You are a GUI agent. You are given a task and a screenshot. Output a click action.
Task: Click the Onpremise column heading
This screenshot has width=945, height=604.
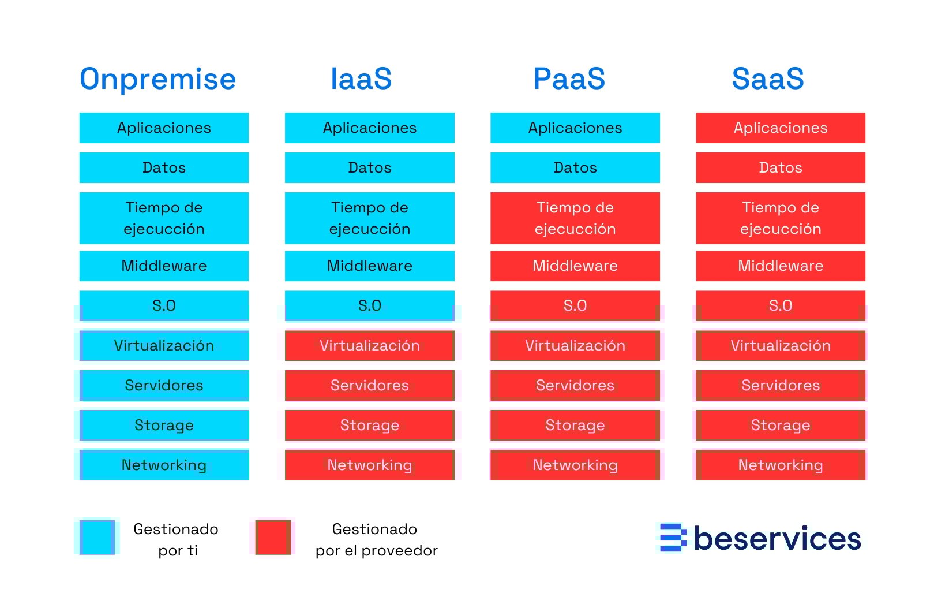157,79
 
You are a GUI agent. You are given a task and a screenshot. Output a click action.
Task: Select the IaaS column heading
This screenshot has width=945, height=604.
361,79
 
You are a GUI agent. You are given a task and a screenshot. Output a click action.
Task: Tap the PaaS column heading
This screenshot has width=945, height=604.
569,79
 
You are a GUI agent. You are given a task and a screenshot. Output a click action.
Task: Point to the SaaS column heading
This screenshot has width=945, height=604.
768,79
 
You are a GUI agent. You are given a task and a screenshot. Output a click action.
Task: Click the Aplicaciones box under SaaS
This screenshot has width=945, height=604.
781,128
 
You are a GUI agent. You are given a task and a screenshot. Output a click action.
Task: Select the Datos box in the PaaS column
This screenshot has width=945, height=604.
575,167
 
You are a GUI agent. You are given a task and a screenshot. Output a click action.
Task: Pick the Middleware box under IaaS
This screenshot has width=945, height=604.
370,266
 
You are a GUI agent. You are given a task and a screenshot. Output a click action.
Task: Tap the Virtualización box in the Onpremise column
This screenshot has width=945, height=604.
164,345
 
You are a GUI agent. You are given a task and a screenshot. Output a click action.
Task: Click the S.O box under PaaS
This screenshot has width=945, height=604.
575,305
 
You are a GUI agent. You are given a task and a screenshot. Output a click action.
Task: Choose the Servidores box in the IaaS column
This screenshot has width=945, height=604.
370,385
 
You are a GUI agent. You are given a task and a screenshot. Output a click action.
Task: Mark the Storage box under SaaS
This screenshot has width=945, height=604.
781,425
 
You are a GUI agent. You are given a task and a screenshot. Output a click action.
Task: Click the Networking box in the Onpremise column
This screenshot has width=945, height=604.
164,465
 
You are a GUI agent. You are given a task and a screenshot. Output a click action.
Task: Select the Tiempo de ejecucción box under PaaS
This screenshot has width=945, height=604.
575,218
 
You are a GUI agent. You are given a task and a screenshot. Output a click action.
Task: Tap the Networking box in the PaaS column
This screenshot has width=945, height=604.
575,465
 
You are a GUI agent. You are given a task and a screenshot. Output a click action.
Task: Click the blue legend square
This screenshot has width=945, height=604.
97,538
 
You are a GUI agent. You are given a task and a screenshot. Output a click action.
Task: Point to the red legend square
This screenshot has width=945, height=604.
273,538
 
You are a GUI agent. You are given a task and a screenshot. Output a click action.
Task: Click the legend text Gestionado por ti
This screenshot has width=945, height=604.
176,539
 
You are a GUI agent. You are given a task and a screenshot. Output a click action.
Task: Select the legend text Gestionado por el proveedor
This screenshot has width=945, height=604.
376,539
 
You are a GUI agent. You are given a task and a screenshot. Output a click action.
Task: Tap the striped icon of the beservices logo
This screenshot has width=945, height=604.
672,538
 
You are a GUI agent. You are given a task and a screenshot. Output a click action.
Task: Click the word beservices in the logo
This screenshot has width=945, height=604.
777,539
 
